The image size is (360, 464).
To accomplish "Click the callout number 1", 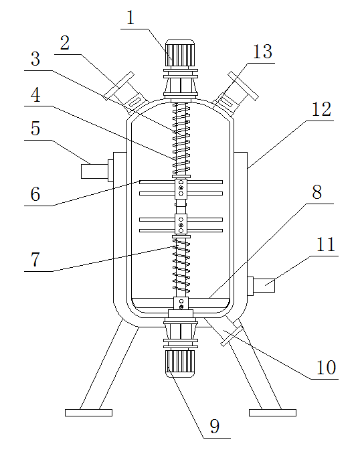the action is pyautogui.click(x=130, y=18).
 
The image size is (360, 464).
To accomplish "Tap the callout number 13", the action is pyautogui.click(x=263, y=52).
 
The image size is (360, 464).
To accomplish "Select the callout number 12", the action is pyautogui.click(x=322, y=109).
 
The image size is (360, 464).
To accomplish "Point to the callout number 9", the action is pyautogui.click(x=215, y=426).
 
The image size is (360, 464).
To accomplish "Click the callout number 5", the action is pyautogui.click(x=35, y=128).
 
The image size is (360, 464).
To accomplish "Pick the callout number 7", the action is pyautogui.click(x=35, y=259).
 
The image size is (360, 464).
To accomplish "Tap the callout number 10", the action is pyautogui.click(x=327, y=368).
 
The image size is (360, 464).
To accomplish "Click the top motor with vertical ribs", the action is pyautogui.click(x=180, y=54).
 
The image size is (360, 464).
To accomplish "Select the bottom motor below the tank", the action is pyautogui.click(x=180, y=364).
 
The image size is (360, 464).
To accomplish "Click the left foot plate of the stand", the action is pyautogui.click(x=89, y=412).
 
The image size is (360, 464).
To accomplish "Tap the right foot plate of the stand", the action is pyautogui.click(x=272, y=412).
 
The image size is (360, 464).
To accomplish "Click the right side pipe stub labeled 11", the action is pyautogui.click(x=261, y=285).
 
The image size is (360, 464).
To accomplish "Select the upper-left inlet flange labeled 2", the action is pyautogui.click(x=126, y=93).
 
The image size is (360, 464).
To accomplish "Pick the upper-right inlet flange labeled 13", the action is pyautogui.click(x=235, y=93).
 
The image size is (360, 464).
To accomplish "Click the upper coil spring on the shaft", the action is pyautogui.click(x=181, y=139).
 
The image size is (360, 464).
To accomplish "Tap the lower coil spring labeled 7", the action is pyautogui.click(x=181, y=266).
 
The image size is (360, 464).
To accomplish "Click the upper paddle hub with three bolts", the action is pyautogui.click(x=181, y=187).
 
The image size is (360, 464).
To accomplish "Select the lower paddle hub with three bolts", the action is pyautogui.click(x=181, y=225).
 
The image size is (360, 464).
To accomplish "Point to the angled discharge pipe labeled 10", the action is pyautogui.click(x=225, y=330).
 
